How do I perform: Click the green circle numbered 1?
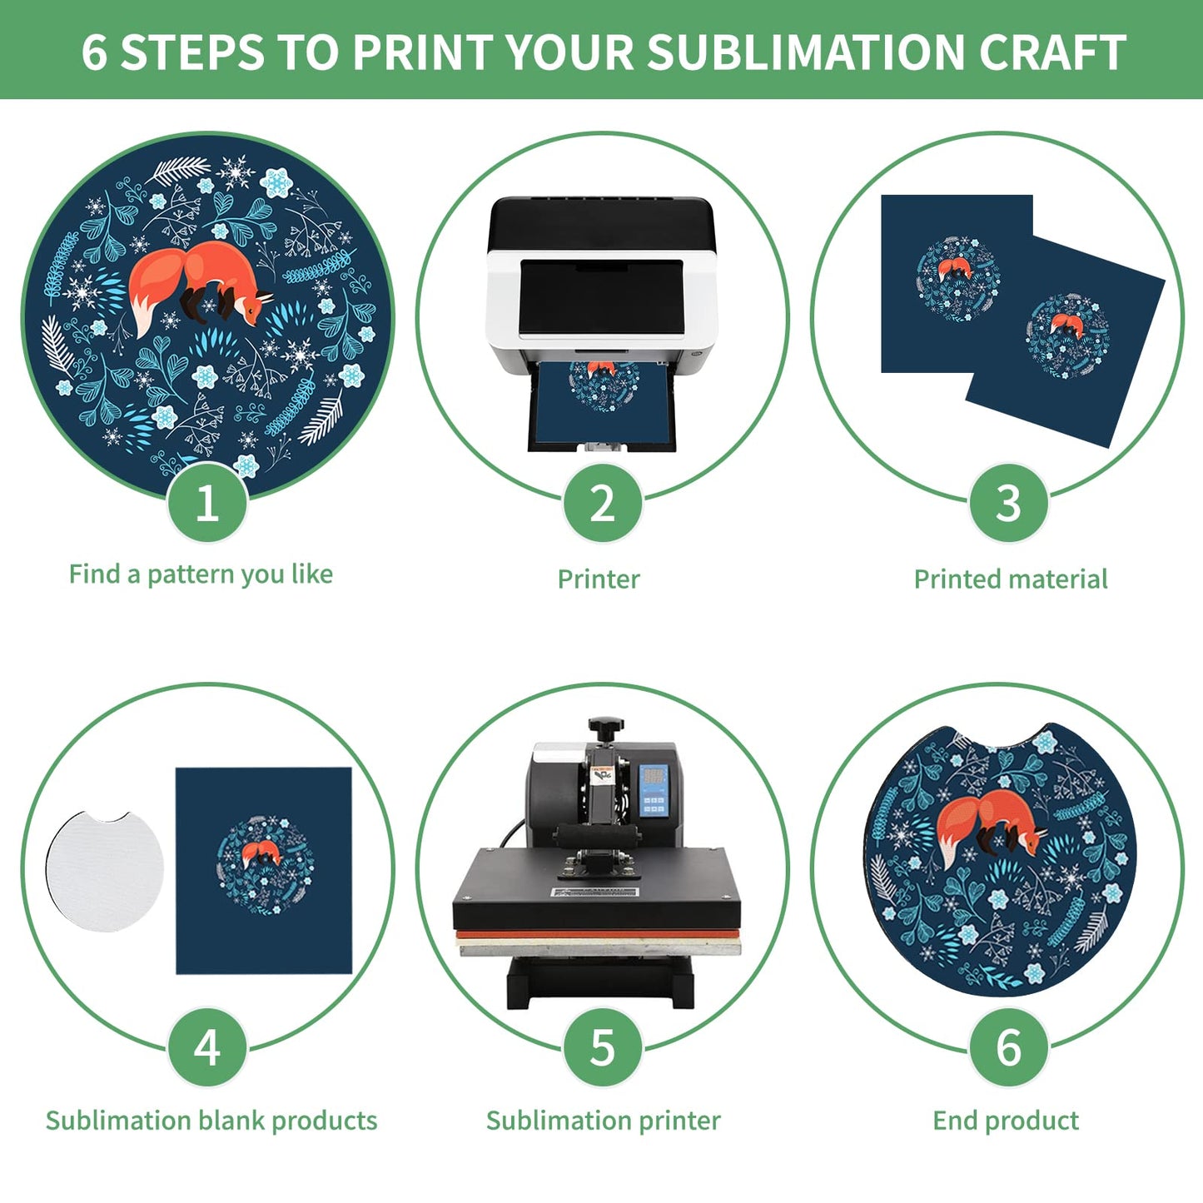[x=207, y=503]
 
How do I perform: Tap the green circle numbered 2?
[x=602, y=503]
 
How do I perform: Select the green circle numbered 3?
[x=1008, y=503]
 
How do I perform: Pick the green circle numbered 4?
[x=207, y=1046]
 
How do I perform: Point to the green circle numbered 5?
[x=602, y=1046]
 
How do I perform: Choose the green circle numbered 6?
[x=1008, y=1046]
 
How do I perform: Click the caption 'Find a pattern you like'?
[x=201, y=574]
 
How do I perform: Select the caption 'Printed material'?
[x=1010, y=579]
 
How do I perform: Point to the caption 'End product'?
[x=1005, y=1121]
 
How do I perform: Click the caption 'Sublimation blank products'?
[x=211, y=1121]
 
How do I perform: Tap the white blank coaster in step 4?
[x=105, y=871]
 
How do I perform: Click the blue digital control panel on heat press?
[x=654, y=790]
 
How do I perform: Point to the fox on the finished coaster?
[x=991, y=824]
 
